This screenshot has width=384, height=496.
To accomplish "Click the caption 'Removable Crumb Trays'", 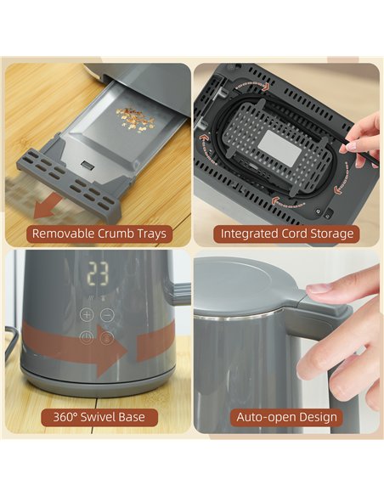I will (x=98, y=233).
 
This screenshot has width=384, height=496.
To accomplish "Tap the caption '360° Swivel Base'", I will (x=98, y=417).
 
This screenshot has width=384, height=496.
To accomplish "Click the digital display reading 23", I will (x=98, y=274).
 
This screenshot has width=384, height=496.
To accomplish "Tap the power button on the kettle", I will (x=87, y=338).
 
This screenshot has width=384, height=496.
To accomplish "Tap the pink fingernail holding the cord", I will (x=349, y=145).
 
